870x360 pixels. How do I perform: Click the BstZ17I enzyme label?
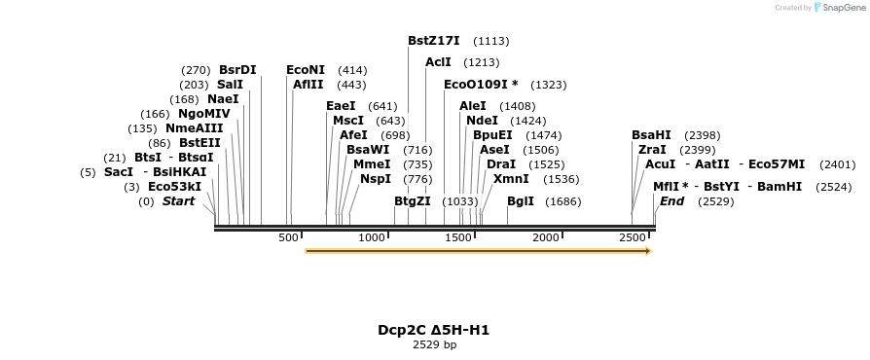coord(433,41)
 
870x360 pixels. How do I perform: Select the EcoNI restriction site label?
coord(306,70)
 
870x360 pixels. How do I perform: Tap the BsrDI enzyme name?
coord(237,70)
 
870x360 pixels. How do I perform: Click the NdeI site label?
coord(482,121)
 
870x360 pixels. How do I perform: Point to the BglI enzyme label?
coord(521,201)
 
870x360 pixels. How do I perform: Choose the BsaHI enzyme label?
coord(651,135)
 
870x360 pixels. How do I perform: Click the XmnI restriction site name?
coord(511,179)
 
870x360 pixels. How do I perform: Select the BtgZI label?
coord(412,201)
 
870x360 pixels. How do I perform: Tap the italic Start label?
coord(178,201)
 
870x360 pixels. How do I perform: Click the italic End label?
coord(671,201)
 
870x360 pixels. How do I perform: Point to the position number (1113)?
coord(490,42)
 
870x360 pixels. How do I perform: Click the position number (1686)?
coord(563,202)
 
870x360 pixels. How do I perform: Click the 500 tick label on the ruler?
coord(288,238)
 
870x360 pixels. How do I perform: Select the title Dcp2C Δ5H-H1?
coord(434,330)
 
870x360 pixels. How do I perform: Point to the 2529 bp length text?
coord(434,344)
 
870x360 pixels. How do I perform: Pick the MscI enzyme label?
coord(347,121)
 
